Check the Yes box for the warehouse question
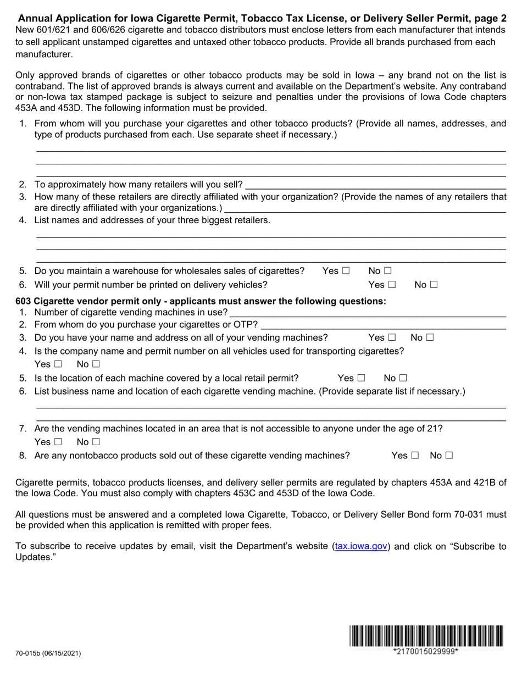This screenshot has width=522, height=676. (346, 271)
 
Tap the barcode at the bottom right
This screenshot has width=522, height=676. (425, 636)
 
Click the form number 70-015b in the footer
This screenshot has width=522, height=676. (48, 653)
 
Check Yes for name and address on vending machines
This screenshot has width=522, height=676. (392, 337)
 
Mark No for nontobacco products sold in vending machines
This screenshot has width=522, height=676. (449, 456)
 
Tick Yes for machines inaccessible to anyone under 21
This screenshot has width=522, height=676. (58, 442)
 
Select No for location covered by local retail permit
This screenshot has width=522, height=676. (403, 378)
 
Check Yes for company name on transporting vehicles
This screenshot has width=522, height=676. (58, 364)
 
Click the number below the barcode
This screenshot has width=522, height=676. (425, 652)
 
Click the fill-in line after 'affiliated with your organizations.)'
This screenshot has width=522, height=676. (365, 208)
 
